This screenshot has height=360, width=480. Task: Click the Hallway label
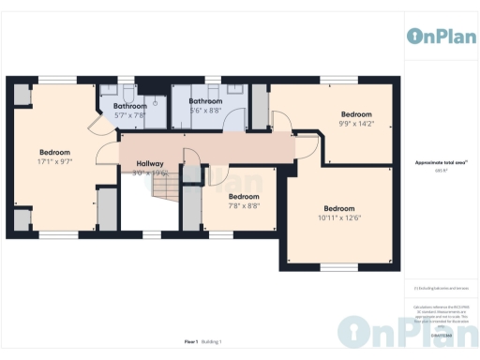(x=149, y=163)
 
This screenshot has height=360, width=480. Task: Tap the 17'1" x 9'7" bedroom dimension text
(x=54, y=161)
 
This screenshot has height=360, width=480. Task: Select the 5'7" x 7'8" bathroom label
(x=129, y=116)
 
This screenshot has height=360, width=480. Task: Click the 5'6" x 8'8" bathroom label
(x=205, y=111)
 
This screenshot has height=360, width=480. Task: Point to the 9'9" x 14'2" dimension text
(x=356, y=123)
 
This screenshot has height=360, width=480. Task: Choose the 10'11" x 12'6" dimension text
(x=339, y=218)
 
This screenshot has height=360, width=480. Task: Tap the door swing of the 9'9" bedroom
(x=280, y=118)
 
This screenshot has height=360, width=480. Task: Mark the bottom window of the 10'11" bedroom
(x=338, y=267)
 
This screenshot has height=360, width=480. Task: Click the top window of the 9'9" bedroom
(x=333, y=80)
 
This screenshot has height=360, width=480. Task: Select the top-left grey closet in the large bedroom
(x=21, y=94)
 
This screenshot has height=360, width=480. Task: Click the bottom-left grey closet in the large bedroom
(x=21, y=219)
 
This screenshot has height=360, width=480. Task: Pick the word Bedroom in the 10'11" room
(x=339, y=208)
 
